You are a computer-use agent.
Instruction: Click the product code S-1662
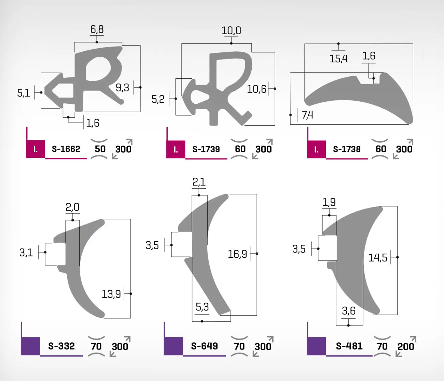pos(66,149)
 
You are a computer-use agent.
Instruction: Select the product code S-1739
pos(206,149)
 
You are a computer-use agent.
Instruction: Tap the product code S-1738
pos(347,149)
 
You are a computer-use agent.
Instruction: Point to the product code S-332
pos(61,346)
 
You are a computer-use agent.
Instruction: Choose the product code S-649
pos(205,346)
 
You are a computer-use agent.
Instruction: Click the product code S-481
pos(349,346)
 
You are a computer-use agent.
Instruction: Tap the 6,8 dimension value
pos(97,29)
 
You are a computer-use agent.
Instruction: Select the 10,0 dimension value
pos(231,30)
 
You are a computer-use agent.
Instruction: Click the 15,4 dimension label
pos(338,59)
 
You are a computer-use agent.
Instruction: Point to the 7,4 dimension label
pos(307,115)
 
